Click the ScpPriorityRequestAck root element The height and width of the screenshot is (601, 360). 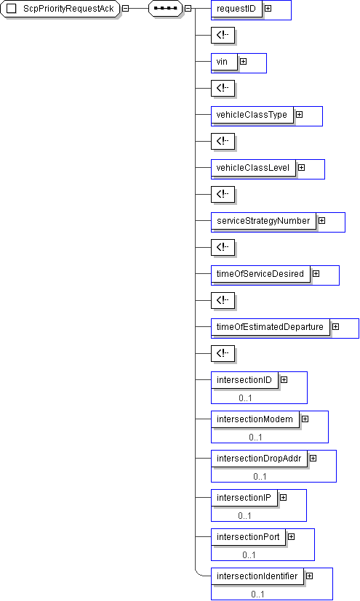60,9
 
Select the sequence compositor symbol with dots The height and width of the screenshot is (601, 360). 166,9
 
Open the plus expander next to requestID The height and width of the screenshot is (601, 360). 268,8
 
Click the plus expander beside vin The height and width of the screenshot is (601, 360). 244,61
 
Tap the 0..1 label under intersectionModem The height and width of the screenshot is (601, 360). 256,437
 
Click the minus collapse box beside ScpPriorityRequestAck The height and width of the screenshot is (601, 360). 125,9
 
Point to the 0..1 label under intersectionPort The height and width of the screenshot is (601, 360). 249,555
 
